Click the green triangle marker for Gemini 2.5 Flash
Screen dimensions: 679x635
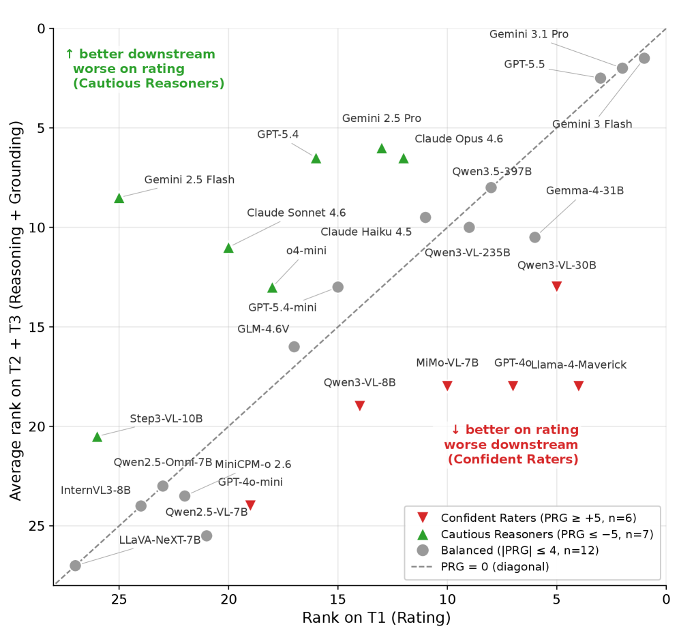tap(119, 198)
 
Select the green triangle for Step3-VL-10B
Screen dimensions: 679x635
tap(97, 437)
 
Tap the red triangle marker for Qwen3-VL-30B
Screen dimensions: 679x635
tap(557, 286)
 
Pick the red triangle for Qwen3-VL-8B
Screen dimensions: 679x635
tap(360, 405)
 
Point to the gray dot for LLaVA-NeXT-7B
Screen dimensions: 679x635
tap(76, 566)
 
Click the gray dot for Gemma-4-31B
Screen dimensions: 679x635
tap(534, 237)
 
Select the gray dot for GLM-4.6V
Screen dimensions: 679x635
tap(294, 347)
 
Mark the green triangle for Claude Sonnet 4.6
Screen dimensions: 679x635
tap(228, 247)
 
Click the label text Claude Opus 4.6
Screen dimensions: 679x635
tap(459, 139)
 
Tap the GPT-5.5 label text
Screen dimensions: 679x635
tap(524, 65)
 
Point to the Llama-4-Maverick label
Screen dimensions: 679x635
tap(579, 365)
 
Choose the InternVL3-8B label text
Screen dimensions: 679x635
tap(95, 491)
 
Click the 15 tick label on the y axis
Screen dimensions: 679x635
tap(36, 327)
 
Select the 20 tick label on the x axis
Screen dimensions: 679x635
tap(228, 600)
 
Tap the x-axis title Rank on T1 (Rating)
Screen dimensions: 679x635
tap(376, 618)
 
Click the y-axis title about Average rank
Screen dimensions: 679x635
tap(16, 311)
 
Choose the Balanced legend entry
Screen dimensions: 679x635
tap(507, 550)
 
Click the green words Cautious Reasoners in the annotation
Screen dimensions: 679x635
tap(149, 83)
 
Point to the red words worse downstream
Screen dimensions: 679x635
tap(511, 445)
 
